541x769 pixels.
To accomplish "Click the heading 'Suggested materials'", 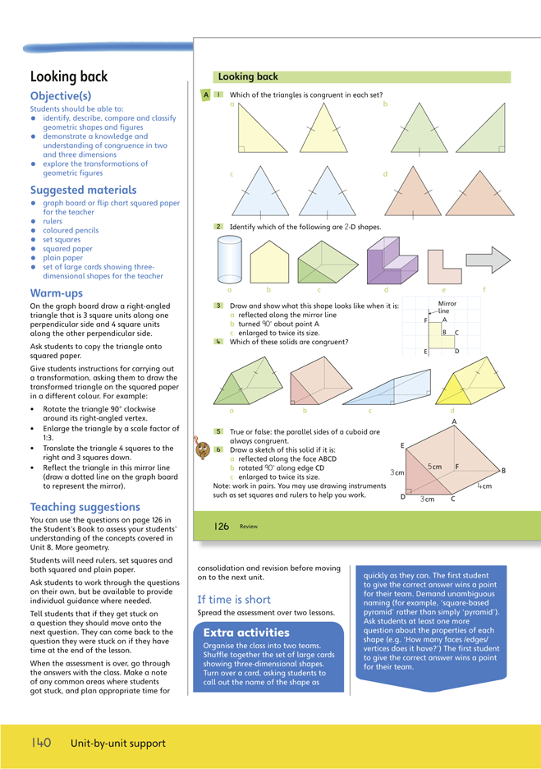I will tap(83, 191).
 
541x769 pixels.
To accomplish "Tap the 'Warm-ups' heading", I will tap(57, 292).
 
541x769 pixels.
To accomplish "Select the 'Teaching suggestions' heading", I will tap(85, 507).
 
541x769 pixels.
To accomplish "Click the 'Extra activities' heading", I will tap(246, 633).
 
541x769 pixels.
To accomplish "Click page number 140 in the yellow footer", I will tap(42, 743).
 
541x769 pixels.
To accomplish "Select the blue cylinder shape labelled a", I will tap(230, 260).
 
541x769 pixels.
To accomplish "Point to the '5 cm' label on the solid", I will tap(435, 467).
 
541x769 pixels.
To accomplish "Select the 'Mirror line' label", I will tap(447, 307).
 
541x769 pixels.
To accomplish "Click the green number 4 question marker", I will tap(218, 341).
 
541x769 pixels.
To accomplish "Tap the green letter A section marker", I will tap(205, 95).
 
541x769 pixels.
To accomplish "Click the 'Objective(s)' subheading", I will tap(62, 96).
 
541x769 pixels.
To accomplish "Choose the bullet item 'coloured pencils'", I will tap(70, 231).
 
